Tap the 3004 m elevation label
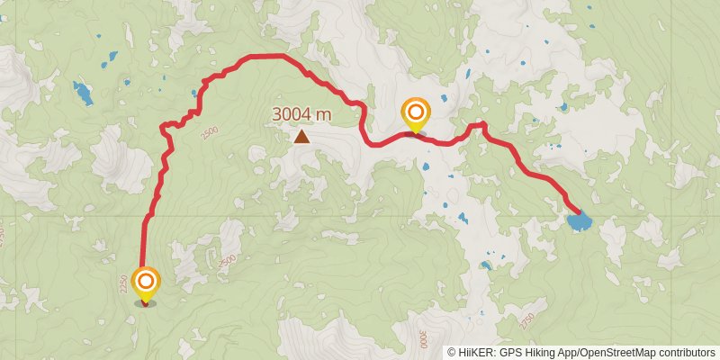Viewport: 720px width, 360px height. click(302, 115)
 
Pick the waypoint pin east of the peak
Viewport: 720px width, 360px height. click(416, 114)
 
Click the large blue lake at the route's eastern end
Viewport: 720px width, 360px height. click(580, 220)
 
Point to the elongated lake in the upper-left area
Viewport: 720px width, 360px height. click(83, 92)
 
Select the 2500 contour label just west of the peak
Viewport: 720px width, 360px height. click(210, 132)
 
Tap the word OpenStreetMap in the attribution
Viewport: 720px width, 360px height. click(619, 353)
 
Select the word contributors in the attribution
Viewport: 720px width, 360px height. click(687, 353)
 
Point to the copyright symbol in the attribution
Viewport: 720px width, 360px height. click(452, 353)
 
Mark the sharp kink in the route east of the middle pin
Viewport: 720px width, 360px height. click(482, 124)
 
